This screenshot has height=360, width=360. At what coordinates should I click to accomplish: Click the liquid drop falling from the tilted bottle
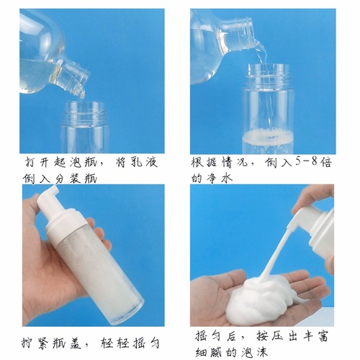pos(81,94)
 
